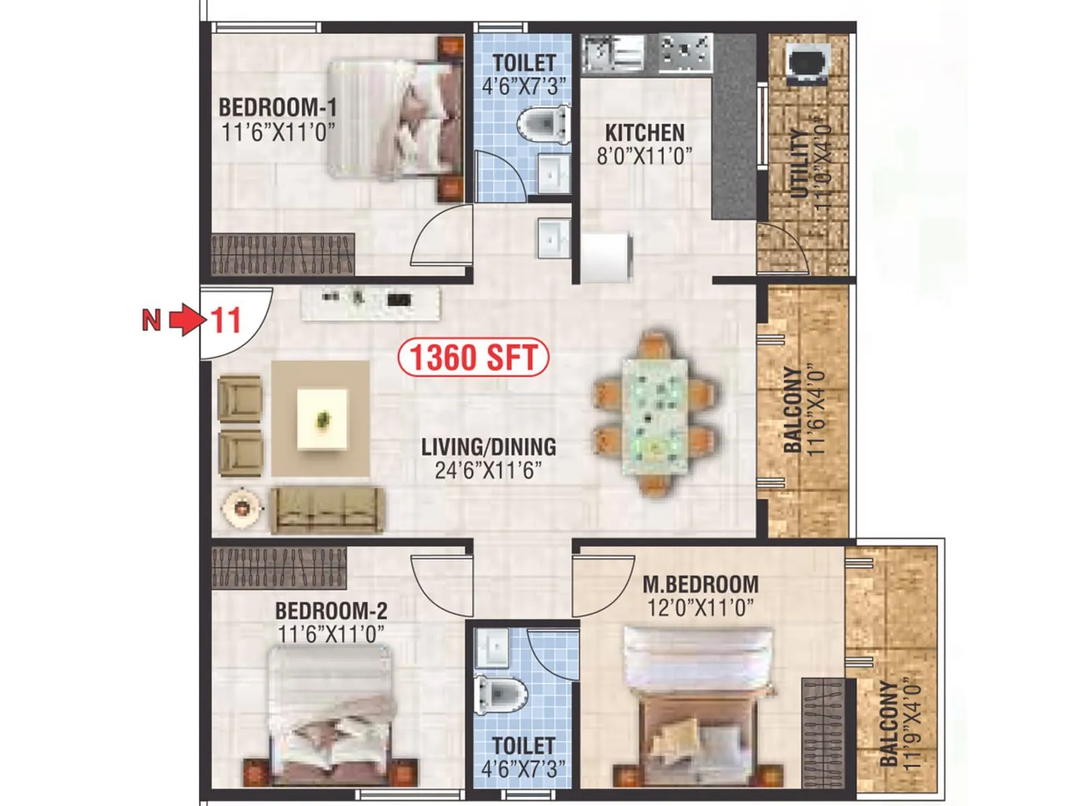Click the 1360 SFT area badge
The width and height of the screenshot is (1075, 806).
point(474,357)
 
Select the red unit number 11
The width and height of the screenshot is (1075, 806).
point(226,320)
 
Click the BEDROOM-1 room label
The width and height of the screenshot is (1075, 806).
point(277,107)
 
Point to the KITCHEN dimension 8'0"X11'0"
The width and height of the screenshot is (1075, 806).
point(644,156)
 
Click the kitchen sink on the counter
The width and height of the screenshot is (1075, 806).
point(613,53)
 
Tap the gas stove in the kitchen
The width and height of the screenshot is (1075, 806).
point(685,52)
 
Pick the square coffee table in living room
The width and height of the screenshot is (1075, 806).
point(322,419)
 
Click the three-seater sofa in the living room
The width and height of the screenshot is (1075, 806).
point(327,510)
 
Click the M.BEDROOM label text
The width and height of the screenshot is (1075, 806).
point(700,584)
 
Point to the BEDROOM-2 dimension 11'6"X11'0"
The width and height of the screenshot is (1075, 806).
point(331,633)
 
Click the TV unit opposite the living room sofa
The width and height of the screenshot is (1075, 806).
point(371,303)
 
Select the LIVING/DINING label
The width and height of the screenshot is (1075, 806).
point(488,447)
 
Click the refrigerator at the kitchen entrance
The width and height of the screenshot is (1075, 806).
point(607,257)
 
